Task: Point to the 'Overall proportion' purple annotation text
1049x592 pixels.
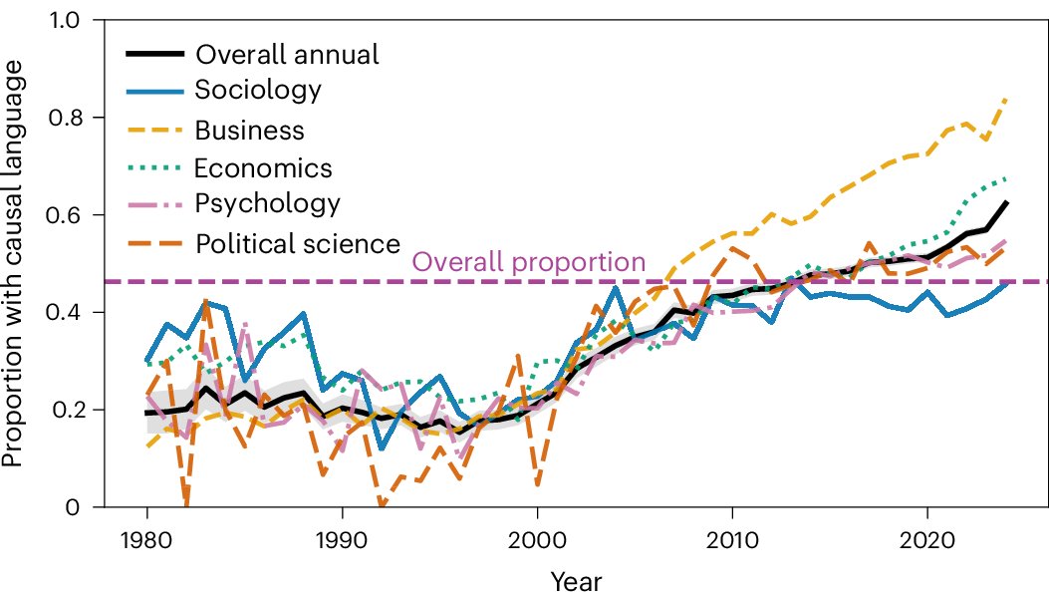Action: pyautogui.click(x=529, y=262)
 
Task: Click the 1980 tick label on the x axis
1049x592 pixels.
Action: pyautogui.click(x=146, y=539)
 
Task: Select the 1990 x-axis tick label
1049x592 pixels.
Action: pyautogui.click(x=342, y=539)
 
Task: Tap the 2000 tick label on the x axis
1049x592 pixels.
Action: pyautogui.click(x=537, y=539)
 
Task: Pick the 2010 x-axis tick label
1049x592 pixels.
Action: pyautogui.click(x=732, y=539)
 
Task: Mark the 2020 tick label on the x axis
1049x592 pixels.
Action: pyautogui.click(x=927, y=539)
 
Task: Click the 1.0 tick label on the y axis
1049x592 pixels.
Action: pyautogui.click(x=65, y=21)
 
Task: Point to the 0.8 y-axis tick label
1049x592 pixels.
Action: pyautogui.click(x=64, y=118)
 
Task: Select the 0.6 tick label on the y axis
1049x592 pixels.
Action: pyautogui.click(x=64, y=215)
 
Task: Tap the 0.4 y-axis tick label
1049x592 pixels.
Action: pyautogui.click(x=64, y=312)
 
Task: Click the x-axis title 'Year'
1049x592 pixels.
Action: pyautogui.click(x=576, y=580)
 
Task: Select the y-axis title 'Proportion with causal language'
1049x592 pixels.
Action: pyautogui.click(x=13, y=263)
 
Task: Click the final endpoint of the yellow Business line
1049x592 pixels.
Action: pyautogui.click(x=1007, y=99)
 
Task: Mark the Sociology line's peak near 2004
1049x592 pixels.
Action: pyautogui.click(x=616, y=288)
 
